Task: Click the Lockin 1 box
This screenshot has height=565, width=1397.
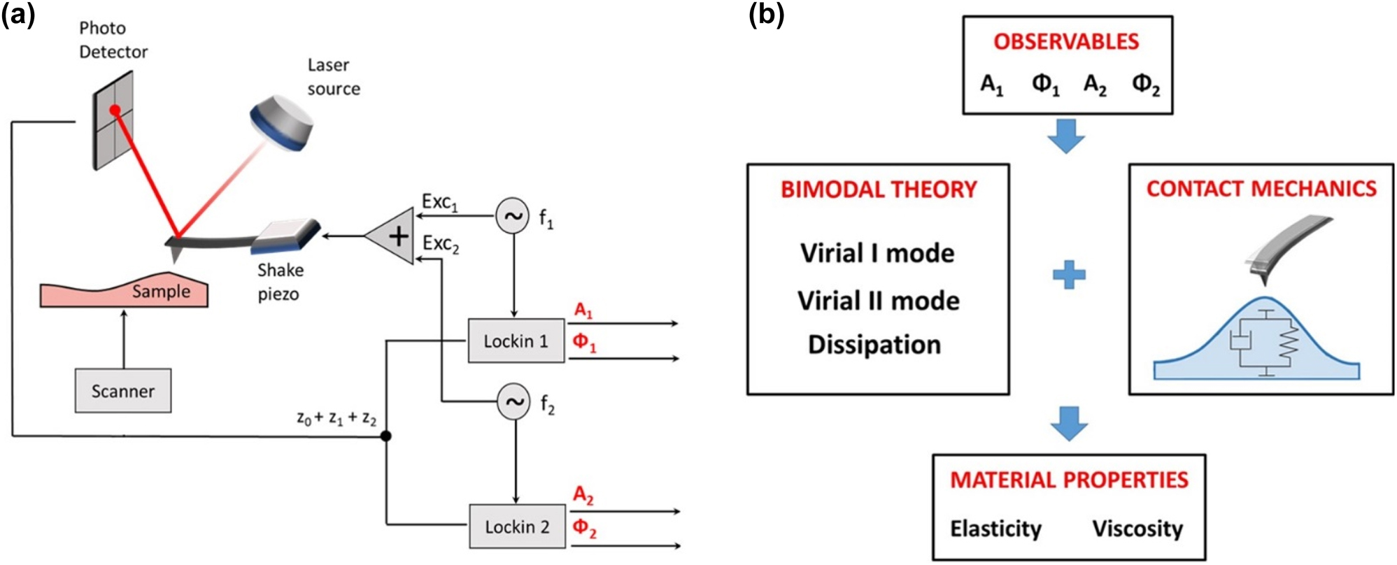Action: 516,341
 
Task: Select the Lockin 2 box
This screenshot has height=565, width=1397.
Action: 517,527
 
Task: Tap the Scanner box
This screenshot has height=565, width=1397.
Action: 123,391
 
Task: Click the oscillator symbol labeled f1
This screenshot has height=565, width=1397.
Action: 513,216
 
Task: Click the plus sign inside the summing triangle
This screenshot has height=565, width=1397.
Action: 399,236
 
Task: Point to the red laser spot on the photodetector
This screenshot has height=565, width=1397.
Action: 115,110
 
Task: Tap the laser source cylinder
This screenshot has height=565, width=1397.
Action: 281,125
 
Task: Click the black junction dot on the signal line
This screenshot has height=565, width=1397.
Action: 385,436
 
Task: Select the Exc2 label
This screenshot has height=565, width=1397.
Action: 441,244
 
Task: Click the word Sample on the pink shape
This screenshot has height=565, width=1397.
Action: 161,292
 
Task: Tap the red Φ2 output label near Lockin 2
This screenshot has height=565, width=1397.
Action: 585,528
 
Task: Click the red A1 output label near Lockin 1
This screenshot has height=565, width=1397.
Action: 583,310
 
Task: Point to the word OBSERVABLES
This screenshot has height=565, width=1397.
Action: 1066,42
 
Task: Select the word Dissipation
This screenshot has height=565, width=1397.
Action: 874,345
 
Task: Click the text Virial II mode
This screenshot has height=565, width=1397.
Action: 879,301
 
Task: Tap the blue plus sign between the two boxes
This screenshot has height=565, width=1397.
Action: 1069,275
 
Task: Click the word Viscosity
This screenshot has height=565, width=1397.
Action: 1137,529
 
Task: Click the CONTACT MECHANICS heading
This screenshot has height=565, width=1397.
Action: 1261,189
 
